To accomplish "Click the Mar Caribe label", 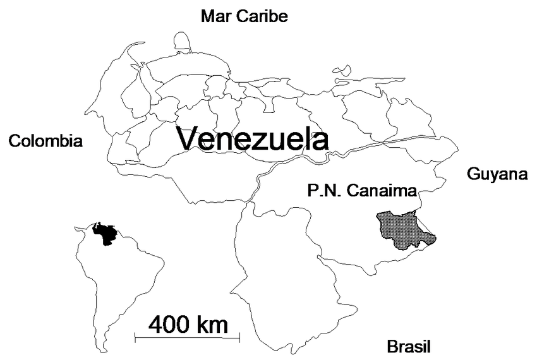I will [244, 16].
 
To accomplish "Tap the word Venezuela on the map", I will [252, 138].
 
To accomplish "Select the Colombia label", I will [45, 141].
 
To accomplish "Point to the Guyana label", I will [497, 174].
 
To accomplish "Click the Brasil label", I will [408, 346].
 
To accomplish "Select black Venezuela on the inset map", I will [104, 234].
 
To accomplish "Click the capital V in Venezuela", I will [188, 139].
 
